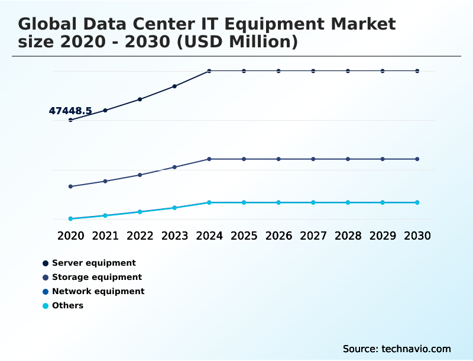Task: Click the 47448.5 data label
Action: pyautogui.click(x=70, y=111)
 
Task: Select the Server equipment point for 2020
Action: pyautogui.click(x=70, y=120)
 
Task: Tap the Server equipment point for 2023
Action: pyautogui.click(x=174, y=86)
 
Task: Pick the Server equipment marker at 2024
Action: pyautogui.click(x=209, y=71)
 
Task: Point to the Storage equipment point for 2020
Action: pyautogui.click(x=70, y=186)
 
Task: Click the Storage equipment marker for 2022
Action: pyautogui.click(x=140, y=175)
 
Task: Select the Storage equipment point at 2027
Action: pyautogui.click(x=313, y=159)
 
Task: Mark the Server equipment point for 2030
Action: pyautogui.click(x=417, y=71)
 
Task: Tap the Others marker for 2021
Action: pyautogui.click(x=105, y=216)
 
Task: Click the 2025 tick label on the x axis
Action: pyautogui.click(x=244, y=236)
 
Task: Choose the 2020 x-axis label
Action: pyautogui.click(x=70, y=236)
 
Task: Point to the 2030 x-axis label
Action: pyautogui.click(x=417, y=236)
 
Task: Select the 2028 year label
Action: pyautogui.click(x=348, y=236)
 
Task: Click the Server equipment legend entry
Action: pyautogui.click(x=93, y=263)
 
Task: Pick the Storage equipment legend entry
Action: pyautogui.click(x=96, y=277)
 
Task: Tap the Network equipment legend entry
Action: pyautogui.click(x=98, y=291)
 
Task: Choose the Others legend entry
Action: pyautogui.click(x=67, y=305)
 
